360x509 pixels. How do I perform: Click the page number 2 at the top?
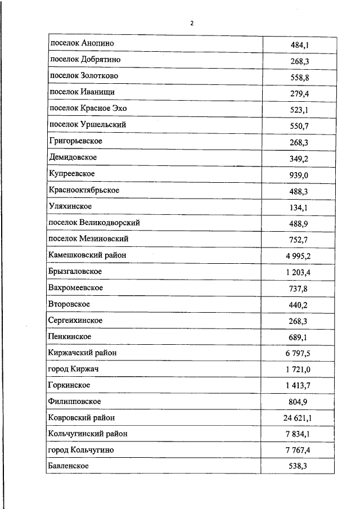click(192, 23)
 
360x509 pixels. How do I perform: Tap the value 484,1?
click(299, 44)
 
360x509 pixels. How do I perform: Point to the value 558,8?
click(299, 76)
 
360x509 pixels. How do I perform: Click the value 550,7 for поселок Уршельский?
click(299, 125)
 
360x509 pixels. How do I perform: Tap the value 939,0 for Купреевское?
click(299, 174)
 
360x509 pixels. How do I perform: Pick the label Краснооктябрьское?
click(84, 190)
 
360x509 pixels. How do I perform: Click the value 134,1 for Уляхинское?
click(299, 207)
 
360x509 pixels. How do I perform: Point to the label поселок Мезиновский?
click(89, 238)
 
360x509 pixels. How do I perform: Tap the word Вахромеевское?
click(76, 287)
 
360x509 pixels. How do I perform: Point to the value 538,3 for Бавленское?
click(299, 467)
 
